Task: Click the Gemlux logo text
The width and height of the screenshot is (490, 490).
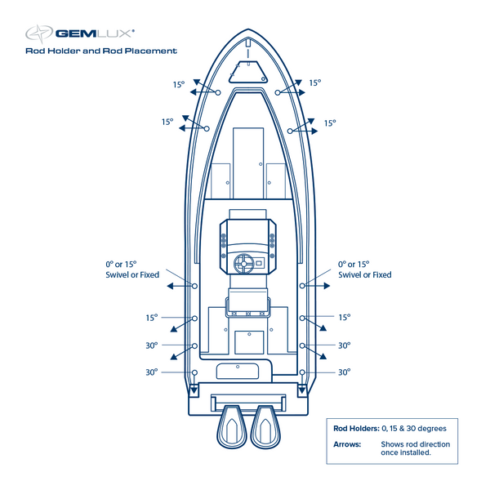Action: point(94,33)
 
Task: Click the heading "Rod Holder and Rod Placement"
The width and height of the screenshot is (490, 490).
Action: point(101,51)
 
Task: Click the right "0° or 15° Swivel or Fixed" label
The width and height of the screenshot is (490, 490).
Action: point(364,269)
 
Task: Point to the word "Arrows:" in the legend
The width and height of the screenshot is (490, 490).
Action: point(347,444)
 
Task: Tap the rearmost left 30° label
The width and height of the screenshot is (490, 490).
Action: point(151,372)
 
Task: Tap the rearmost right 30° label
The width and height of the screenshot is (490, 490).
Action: point(344,372)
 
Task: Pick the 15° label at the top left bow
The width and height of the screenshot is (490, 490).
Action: point(178,84)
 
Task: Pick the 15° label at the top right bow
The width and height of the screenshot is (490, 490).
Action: point(314,82)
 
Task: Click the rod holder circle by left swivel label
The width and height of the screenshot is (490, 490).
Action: point(194,286)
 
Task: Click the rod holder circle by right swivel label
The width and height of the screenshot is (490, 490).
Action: point(302,286)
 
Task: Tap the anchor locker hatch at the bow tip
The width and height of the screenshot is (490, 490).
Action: point(247,71)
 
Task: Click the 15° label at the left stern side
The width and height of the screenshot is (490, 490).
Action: point(151,318)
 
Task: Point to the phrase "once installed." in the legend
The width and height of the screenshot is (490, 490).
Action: point(406,452)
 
